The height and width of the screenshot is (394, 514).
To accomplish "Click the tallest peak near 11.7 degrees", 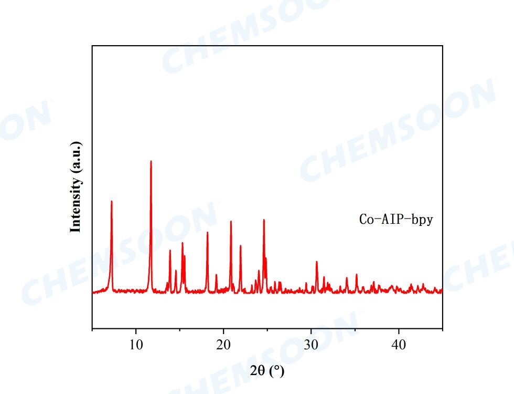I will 151,161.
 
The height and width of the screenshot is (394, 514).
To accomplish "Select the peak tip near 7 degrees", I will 111,202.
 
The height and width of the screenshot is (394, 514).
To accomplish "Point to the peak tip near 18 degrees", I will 207,232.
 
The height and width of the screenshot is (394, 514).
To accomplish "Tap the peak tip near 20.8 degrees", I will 231,221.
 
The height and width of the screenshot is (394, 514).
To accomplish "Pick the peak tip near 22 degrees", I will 240,246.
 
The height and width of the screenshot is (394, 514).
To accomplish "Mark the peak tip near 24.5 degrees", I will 264,220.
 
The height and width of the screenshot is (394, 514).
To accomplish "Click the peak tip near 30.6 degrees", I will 316,262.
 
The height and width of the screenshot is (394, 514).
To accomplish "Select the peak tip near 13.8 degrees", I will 170,250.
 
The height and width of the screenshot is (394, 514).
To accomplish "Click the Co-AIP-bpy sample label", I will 396,220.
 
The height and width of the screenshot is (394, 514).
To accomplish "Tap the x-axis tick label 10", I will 136,345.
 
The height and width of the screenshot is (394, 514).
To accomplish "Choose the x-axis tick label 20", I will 223,345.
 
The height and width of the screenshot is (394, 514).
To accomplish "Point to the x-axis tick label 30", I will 311,345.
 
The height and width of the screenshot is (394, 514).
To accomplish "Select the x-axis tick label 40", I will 399,345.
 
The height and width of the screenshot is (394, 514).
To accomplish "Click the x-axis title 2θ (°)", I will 267,371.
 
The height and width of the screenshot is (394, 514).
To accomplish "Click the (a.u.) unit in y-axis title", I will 76,157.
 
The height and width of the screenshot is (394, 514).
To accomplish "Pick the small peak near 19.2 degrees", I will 216,275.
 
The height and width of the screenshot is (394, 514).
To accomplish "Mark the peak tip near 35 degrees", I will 357,274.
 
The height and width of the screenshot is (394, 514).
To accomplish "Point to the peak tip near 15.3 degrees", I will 183,243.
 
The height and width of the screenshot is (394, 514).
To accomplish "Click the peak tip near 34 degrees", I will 347,277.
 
